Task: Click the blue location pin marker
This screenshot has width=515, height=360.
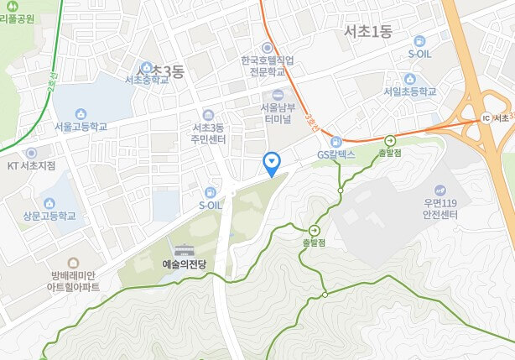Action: coord(271,161)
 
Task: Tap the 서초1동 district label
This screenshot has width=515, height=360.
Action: coord(373,31)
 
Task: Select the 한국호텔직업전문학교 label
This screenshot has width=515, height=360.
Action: coord(267,67)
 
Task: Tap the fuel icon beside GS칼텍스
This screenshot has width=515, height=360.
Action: coord(336,142)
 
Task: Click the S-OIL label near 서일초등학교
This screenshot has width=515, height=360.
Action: coord(420,54)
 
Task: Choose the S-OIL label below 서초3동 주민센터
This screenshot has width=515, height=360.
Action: coord(211,205)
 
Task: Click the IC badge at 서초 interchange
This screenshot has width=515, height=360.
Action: coord(486,117)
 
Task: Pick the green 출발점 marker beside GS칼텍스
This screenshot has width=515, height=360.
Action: coord(390,142)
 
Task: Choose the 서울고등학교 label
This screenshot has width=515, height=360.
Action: coord(81,128)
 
